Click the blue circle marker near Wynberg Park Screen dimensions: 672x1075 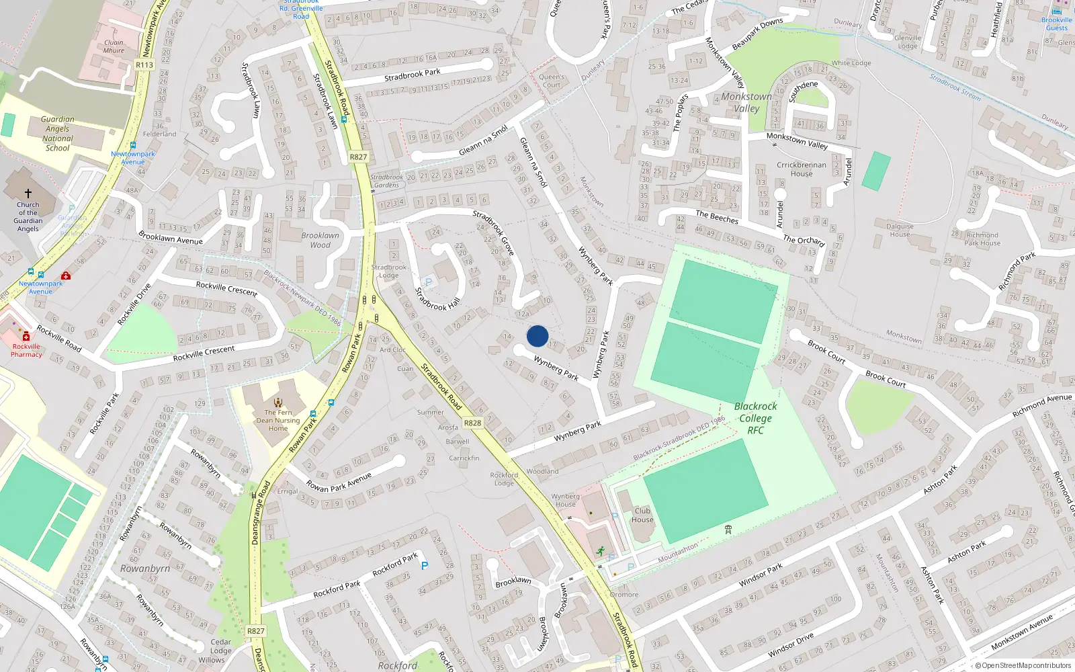click(537, 336)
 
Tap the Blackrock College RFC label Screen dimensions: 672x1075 click(755, 418)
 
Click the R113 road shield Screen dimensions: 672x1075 click(144, 65)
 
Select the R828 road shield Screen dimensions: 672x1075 click(472, 423)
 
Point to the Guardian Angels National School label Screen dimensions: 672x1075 click(58, 134)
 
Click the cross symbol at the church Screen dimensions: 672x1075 click(28, 194)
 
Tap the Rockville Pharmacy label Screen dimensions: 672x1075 click(26, 350)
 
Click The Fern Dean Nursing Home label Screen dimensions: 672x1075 click(278, 421)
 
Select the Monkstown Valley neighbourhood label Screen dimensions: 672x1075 click(746, 102)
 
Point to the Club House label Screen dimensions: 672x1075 click(642, 515)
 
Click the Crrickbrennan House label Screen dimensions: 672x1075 click(802, 169)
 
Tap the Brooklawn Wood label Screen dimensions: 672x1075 click(320, 240)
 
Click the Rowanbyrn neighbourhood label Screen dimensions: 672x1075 click(145, 569)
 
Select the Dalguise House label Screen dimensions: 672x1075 click(900, 230)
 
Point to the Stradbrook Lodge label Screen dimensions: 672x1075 click(389, 271)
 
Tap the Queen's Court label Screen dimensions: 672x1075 click(552, 81)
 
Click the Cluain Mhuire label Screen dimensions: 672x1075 click(114, 46)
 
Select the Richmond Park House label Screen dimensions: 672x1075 click(982, 239)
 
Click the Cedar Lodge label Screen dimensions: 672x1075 click(220, 646)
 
